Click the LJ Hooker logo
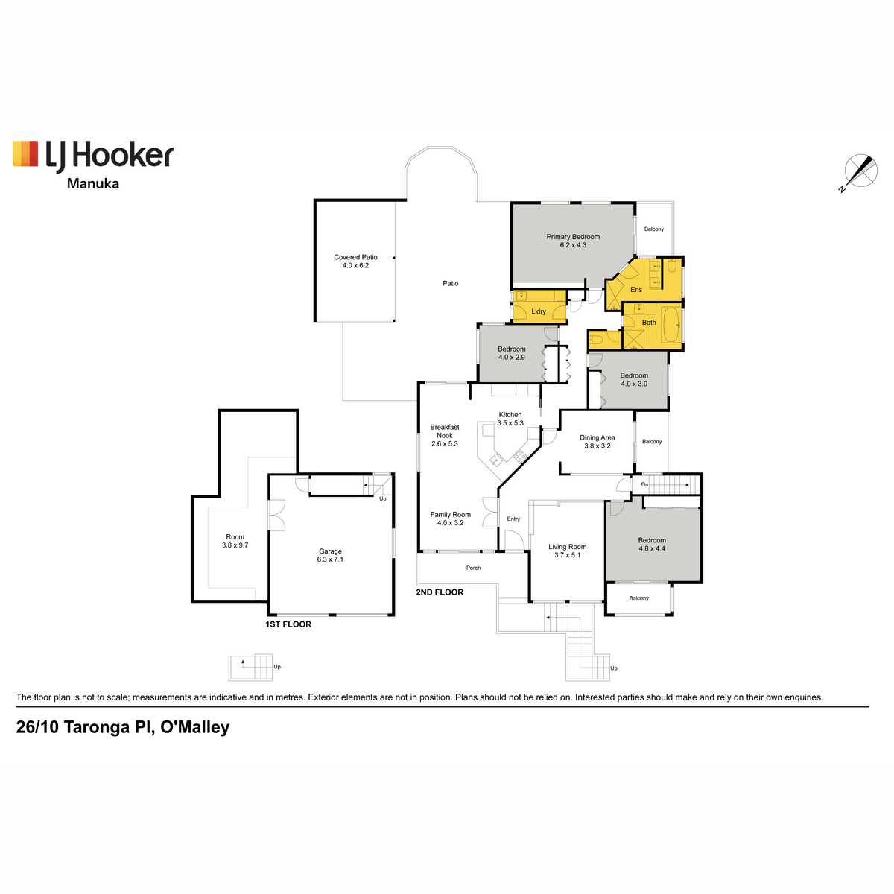(x=93, y=156)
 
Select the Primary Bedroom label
(x=573, y=237)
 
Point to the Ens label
(x=636, y=290)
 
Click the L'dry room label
(x=539, y=311)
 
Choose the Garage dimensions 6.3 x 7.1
(x=330, y=559)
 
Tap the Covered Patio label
(x=356, y=257)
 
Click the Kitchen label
(x=510, y=415)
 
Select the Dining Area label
(x=597, y=437)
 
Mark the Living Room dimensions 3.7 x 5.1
(x=568, y=555)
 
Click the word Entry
(x=513, y=519)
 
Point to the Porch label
(x=473, y=568)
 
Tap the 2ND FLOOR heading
(x=440, y=592)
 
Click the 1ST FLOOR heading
(x=288, y=624)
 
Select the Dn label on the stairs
(x=644, y=484)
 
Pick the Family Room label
(x=451, y=515)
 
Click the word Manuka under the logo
(x=93, y=184)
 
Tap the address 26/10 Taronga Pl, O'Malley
(x=123, y=726)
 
